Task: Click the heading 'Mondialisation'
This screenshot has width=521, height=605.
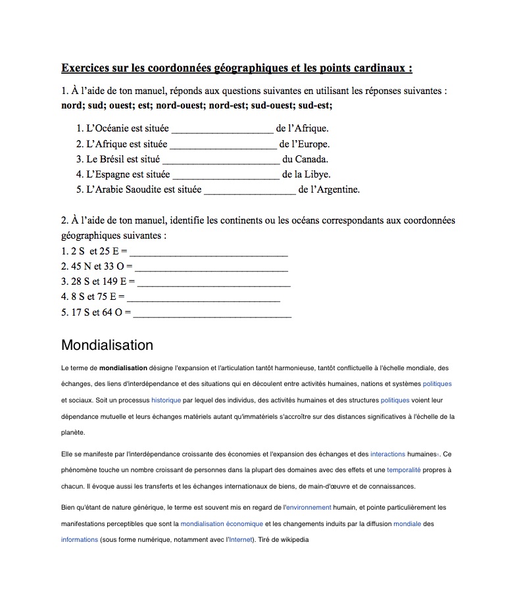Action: coord(107,345)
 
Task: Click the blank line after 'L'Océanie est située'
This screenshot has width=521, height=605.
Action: coord(222,129)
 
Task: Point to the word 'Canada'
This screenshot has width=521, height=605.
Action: coord(311,159)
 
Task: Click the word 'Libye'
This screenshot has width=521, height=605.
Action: coord(316,174)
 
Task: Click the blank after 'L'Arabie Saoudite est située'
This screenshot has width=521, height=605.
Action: coord(250,191)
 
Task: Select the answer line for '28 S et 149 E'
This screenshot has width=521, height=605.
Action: coord(213,283)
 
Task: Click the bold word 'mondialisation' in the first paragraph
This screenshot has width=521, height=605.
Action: coord(123,368)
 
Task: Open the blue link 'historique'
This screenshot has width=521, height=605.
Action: coord(166,400)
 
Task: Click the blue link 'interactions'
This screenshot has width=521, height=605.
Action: coord(388,454)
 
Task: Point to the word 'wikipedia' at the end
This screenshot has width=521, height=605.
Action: coord(293,540)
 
